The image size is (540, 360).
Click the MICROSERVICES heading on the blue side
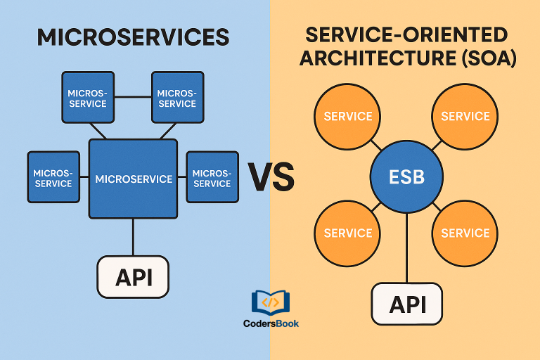(133, 37)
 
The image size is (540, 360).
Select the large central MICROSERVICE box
(133, 179)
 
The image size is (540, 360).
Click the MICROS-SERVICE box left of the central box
(53, 177)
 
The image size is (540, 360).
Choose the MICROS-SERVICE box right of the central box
(212, 177)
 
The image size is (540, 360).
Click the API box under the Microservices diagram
(133, 276)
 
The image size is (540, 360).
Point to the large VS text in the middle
(271, 176)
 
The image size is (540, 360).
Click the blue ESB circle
(406, 176)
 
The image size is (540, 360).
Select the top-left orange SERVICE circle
(348, 117)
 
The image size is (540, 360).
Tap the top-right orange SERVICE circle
(465, 117)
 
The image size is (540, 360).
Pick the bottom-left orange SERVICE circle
(348, 233)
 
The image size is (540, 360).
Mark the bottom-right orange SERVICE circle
(465, 233)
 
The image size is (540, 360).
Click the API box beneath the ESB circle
(407, 304)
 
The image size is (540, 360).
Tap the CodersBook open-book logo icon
(271, 302)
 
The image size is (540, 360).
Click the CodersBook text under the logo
(271, 324)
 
